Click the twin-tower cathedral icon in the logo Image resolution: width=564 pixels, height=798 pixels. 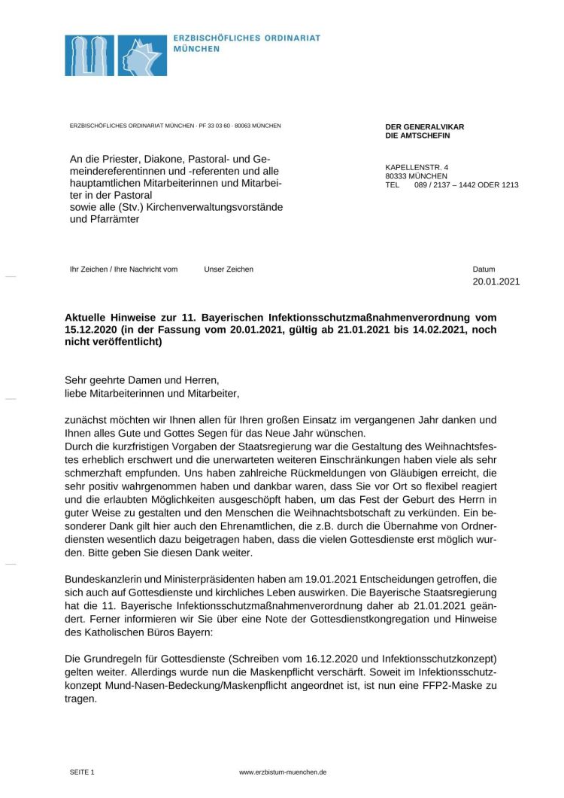tap(89, 55)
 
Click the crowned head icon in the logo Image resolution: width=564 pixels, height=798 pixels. tap(140, 55)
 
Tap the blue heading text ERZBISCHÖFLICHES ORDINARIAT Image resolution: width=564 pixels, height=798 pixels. tap(247, 38)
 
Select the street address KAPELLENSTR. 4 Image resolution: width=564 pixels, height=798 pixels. tap(417, 167)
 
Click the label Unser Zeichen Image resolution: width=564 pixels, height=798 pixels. tap(229, 269)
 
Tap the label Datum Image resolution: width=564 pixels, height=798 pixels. tap(484, 269)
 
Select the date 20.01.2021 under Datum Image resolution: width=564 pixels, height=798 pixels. tap(496, 282)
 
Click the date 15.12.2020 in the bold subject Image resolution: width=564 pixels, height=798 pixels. tap(93, 330)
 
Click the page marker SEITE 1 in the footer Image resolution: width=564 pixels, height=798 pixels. tap(82, 772)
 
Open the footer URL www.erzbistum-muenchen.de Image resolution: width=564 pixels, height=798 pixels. tap(282, 772)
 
